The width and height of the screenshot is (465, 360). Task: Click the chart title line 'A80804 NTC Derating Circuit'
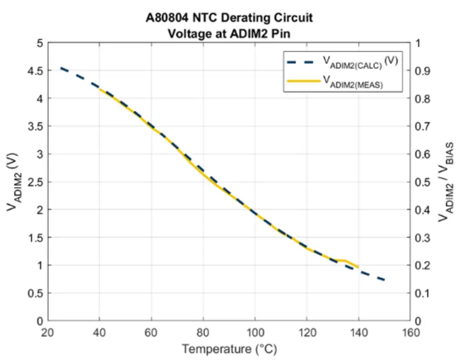[229, 18]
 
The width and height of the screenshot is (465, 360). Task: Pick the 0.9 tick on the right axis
[424, 70]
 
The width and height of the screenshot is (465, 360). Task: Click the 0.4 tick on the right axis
[424, 210]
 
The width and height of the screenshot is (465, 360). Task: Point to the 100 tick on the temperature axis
[255, 333]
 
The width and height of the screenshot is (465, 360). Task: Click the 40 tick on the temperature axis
[99, 333]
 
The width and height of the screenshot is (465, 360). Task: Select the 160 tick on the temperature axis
[411, 333]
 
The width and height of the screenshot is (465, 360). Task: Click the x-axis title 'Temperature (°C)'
[229, 349]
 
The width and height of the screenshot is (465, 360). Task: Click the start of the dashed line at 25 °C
[61, 68]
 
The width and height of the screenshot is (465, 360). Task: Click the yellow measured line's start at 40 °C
[100, 89]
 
